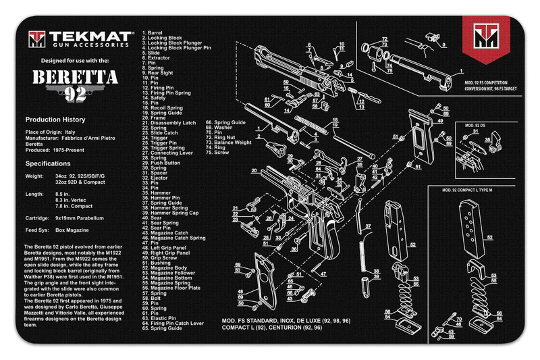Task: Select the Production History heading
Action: pos(59,119)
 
